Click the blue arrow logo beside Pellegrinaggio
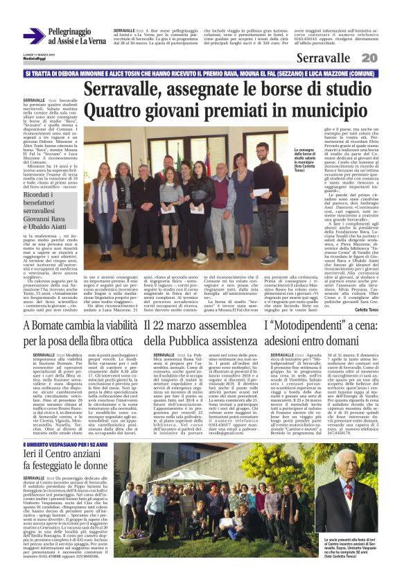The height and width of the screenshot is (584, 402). click(x=33, y=37)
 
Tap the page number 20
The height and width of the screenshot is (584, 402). click(x=389, y=57)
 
